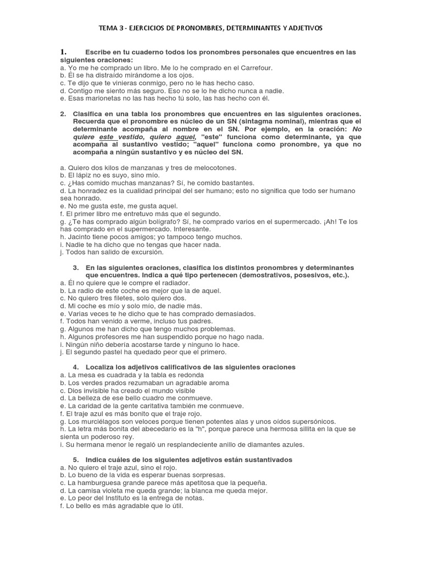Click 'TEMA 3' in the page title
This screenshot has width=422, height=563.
pyautogui.click(x=112, y=27)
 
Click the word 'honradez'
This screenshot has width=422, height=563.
pyautogui.click(x=93, y=190)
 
